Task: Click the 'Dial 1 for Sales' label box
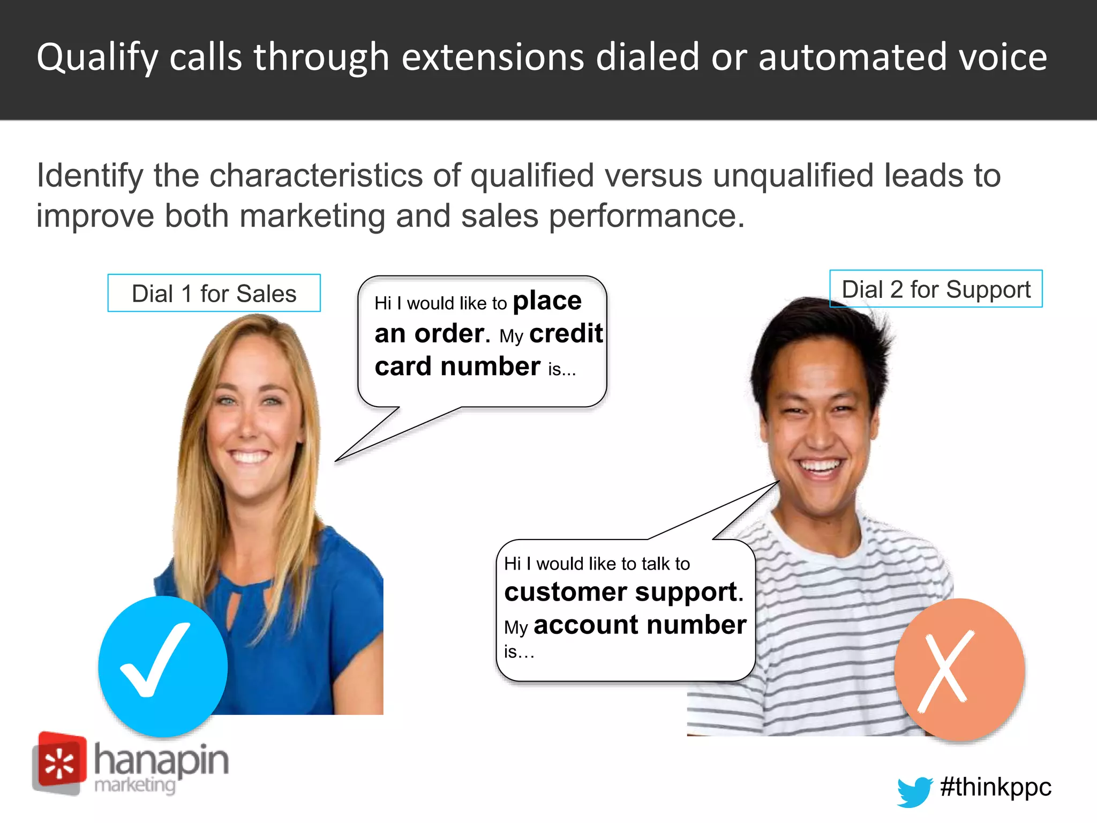pyautogui.click(x=214, y=293)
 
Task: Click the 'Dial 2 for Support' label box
pyautogui.click(x=936, y=289)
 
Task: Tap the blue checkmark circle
pyautogui.click(x=163, y=666)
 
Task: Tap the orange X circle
pyautogui.click(x=959, y=670)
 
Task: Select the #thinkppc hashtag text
pyautogui.click(x=995, y=787)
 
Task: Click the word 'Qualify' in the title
pyautogui.click(x=97, y=58)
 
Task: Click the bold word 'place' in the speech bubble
pyautogui.click(x=547, y=301)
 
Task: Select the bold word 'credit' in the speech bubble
pyautogui.click(x=566, y=334)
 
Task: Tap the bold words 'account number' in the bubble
pyautogui.click(x=640, y=625)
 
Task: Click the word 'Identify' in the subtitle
pyautogui.click(x=90, y=176)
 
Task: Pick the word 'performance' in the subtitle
pyautogui.click(x=647, y=216)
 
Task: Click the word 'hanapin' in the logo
pyautogui.click(x=161, y=760)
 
